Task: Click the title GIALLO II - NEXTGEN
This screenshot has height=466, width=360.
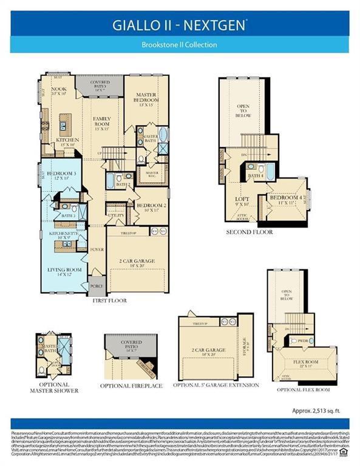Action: (179, 25)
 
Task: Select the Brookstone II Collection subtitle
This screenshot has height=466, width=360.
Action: (179, 44)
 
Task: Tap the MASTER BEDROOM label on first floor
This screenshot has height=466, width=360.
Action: (146, 99)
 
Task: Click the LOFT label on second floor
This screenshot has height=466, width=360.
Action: (242, 200)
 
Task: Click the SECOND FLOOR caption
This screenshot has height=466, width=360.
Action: (249, 232)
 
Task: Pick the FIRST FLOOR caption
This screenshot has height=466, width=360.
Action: (109, 300)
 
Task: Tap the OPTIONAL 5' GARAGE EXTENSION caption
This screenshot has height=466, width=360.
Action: (216, 385)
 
